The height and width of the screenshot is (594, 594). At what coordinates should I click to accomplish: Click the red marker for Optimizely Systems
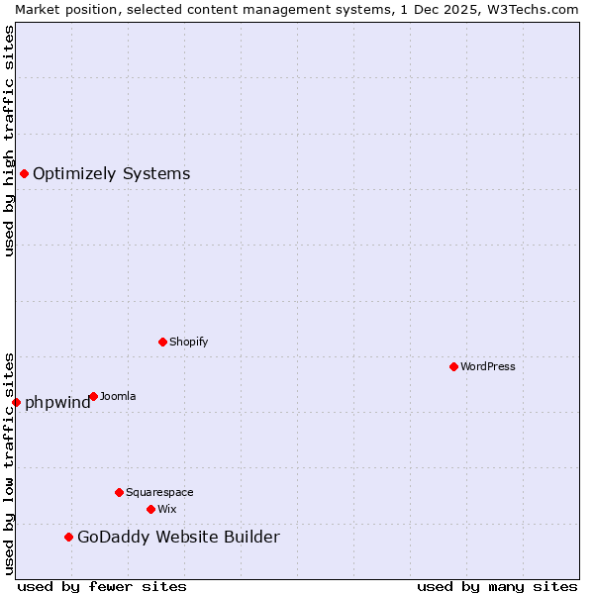pos(24,174)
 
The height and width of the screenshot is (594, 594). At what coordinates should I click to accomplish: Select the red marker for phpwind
pos(16,402)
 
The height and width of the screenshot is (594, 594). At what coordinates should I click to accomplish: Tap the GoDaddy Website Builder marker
pos(68,538)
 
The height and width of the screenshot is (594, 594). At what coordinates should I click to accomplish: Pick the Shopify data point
pos(162,342)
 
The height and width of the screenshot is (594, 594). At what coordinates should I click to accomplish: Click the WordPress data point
pos(453,366)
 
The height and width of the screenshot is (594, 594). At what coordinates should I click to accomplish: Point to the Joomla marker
pos(93,396)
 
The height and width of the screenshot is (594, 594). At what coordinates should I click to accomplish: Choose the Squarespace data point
pos(119,492)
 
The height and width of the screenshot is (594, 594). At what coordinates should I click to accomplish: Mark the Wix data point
pos(150,509)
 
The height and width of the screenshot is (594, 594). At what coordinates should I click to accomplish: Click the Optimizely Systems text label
pos(111,174)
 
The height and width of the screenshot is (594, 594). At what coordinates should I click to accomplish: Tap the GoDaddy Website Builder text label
pos(178,538)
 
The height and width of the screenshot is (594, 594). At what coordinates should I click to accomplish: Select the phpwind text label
pos(57,402)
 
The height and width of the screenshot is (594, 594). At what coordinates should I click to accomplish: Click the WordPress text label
pos(488,366)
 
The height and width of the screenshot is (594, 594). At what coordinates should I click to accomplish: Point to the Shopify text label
pos(188,342)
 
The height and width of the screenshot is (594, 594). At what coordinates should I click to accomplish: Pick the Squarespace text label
pos(159,492)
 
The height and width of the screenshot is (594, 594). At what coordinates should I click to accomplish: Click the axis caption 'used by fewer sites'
pos(102,586)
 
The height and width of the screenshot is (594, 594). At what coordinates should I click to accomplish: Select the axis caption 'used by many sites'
pos(497,586)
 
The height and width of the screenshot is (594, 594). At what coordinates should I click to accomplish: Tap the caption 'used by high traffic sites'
pos(9,141)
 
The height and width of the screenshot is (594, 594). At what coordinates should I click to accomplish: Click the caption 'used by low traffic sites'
pos(9,463)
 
